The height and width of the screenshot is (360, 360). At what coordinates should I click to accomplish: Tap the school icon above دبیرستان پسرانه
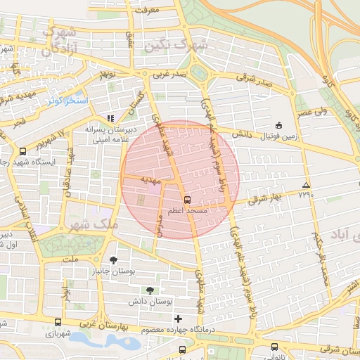point(109,118)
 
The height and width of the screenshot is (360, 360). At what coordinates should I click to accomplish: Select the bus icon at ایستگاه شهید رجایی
point(23,150)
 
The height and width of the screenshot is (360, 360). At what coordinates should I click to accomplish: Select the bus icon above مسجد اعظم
point(186,199)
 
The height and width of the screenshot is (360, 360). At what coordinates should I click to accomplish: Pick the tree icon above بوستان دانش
point(149,290)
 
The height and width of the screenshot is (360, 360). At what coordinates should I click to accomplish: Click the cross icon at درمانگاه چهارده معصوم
point(177,319)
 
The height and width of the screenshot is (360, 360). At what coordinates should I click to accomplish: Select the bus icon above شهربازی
point(58,322)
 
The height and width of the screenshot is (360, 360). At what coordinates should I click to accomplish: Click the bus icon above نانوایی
point(274,346)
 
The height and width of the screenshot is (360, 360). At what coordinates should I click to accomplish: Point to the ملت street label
point(71,259)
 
